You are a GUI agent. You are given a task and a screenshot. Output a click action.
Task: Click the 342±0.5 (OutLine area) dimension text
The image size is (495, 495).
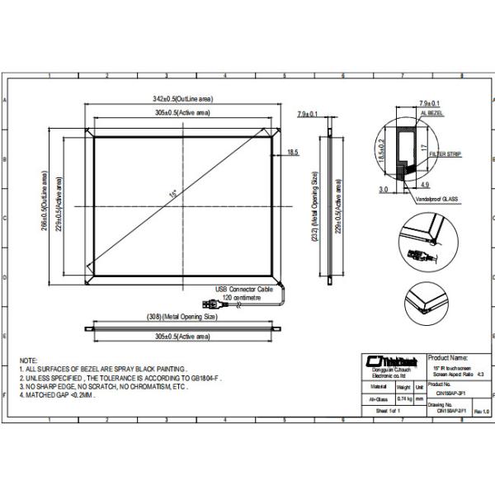click(181, 97)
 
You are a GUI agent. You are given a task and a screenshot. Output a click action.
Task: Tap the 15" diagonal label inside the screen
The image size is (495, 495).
click(173, 195)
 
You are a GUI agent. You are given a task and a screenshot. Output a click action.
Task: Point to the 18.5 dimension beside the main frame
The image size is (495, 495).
click(293, 153)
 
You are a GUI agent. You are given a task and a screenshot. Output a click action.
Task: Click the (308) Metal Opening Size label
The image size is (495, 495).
click(181, 316)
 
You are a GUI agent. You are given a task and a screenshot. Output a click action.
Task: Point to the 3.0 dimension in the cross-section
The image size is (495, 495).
click(383, 189)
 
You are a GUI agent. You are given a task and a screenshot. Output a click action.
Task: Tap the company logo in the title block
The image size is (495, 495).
click(389, 360)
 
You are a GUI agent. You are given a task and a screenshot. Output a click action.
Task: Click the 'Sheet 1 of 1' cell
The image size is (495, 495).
click(387, 410)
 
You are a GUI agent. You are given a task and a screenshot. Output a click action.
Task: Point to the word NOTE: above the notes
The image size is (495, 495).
click(28, 361)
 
